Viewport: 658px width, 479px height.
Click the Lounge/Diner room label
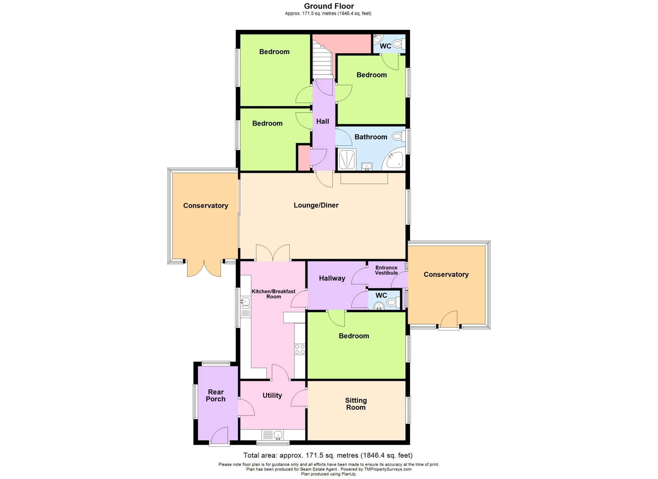tap(316, 205)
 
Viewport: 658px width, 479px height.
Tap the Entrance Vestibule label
tap(386, 270)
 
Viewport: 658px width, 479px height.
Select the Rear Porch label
tap(216, 395)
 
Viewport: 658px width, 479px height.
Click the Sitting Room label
tap(356, 404)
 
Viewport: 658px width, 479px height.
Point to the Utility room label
tap(272, 396)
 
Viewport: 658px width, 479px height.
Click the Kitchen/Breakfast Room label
tap(273, 294)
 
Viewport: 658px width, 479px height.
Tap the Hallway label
tap(332, 278)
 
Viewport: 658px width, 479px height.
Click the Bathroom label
tap(371, 137)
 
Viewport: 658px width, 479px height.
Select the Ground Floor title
tap(329, 6)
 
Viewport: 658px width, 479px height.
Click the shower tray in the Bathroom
tap(347, 159)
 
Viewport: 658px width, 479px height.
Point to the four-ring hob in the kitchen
tap(300, 349)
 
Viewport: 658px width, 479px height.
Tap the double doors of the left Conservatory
tap(204, 269)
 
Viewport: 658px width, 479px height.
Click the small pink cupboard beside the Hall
tap(304, 158)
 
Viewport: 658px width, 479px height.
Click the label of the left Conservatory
tap(206, 206)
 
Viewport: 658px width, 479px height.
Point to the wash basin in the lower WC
tap(379, 306)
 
